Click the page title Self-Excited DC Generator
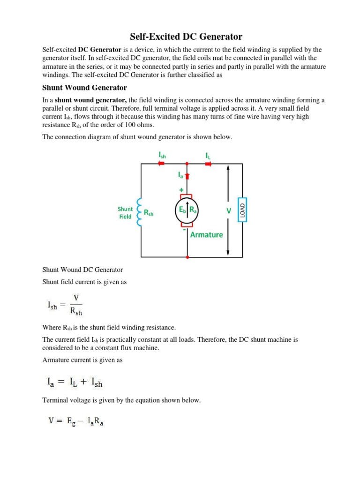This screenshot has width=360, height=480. [x=180, y=37]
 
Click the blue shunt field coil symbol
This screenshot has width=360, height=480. [x=139, y=212]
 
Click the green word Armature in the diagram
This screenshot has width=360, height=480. [x=206, y=234]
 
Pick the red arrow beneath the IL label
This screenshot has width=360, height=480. [x=208, y=164]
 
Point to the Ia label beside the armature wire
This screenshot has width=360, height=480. [x=180, y=175]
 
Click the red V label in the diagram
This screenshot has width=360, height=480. [x=229, y=211]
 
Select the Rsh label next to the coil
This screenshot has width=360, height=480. [x=149, y=213]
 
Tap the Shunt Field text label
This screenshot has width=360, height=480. [x=125, y=213]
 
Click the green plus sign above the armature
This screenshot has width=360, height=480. [x=181, y=190]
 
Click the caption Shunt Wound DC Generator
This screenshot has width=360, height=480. [x=82, y=270]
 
